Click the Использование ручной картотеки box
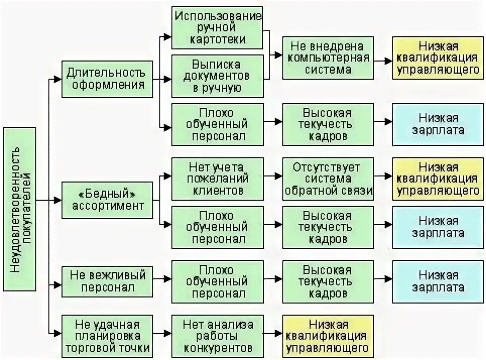218,27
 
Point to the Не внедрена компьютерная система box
328,57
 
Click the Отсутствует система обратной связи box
328,178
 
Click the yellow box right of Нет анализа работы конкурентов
328,335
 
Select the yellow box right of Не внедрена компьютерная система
437,57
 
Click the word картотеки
218,39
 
